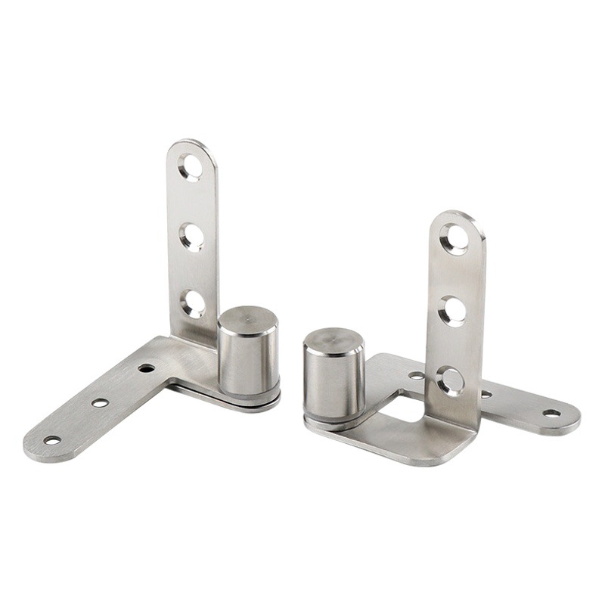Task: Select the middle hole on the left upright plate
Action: click(191, 236)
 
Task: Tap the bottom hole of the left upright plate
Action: click(193, 303)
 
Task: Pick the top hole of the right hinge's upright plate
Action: click(455, 239)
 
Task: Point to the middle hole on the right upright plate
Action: click(453, 310)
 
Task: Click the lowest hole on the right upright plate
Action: click(451, 381)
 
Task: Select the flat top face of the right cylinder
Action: click(334, 340)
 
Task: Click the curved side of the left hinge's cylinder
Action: click(247, 359)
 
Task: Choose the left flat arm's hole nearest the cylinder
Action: click(146, 368)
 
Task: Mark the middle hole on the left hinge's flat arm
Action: click(100, 402)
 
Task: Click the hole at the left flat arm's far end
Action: click(51, 439)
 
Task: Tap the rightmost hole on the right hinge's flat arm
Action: click(551, 414)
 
